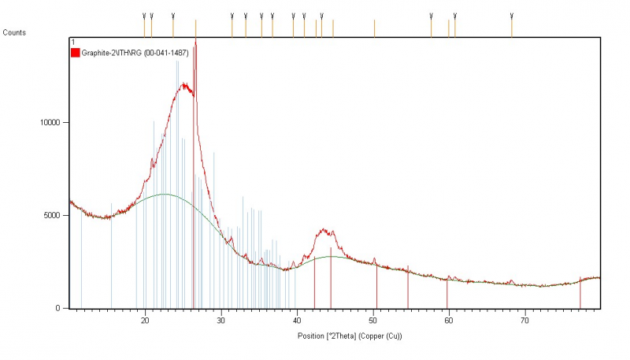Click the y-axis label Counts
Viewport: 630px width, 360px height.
tap(14, 32)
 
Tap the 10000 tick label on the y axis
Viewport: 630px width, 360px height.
tap(53, 123)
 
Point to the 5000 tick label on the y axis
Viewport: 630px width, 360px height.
tap(55, 215)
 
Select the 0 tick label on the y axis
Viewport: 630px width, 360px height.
tap(62, 309)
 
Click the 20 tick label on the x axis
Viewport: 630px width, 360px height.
tap(145, 321)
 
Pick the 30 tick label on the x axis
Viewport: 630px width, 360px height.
tap(221, 321)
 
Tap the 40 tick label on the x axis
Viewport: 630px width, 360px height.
tap(297, 321)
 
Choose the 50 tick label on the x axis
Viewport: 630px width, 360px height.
tap(373, 321)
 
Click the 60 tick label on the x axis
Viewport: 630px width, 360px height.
tap(449, 321)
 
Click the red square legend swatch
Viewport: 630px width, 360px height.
tap(76, 53)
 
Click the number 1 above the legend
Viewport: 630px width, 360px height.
tap(72, 42)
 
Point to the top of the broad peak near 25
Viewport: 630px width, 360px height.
tap(184, 84)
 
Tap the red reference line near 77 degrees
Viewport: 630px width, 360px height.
tap(580, 293)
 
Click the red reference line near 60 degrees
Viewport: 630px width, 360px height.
tap(447, 293)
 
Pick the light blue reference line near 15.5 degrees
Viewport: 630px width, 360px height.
tap(111, 260)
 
